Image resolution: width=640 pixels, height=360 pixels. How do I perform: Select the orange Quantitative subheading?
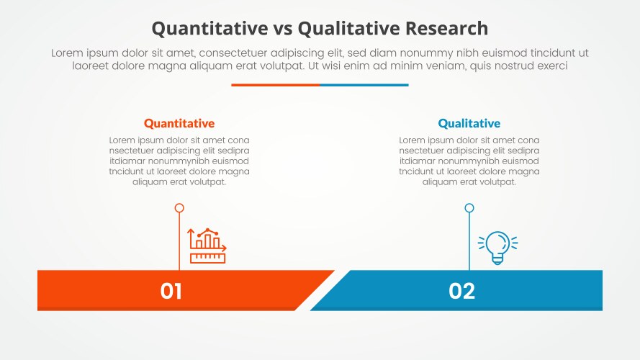[179, 123]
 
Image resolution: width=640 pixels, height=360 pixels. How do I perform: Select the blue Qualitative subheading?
[469, 123]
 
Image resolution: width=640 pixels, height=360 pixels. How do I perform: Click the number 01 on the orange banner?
[171, 291]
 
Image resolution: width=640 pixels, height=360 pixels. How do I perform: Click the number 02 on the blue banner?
[462, 291]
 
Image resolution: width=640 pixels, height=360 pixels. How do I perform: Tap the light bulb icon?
[497, 247]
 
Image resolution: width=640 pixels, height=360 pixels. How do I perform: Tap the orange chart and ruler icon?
[207, 246]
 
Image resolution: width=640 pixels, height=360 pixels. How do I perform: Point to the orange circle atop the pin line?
[179, 208]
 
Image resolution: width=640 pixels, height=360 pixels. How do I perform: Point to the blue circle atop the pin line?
[469, 208]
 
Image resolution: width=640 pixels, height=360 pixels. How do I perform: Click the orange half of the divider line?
[275, 85]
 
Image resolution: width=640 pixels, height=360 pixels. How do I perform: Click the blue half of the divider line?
[364, 85]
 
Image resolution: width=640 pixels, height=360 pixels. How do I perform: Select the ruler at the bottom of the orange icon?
[208, 257]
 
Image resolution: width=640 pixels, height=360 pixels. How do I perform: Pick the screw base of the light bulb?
[497, 259]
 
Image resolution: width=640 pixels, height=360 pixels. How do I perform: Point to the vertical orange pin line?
[179, 241]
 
